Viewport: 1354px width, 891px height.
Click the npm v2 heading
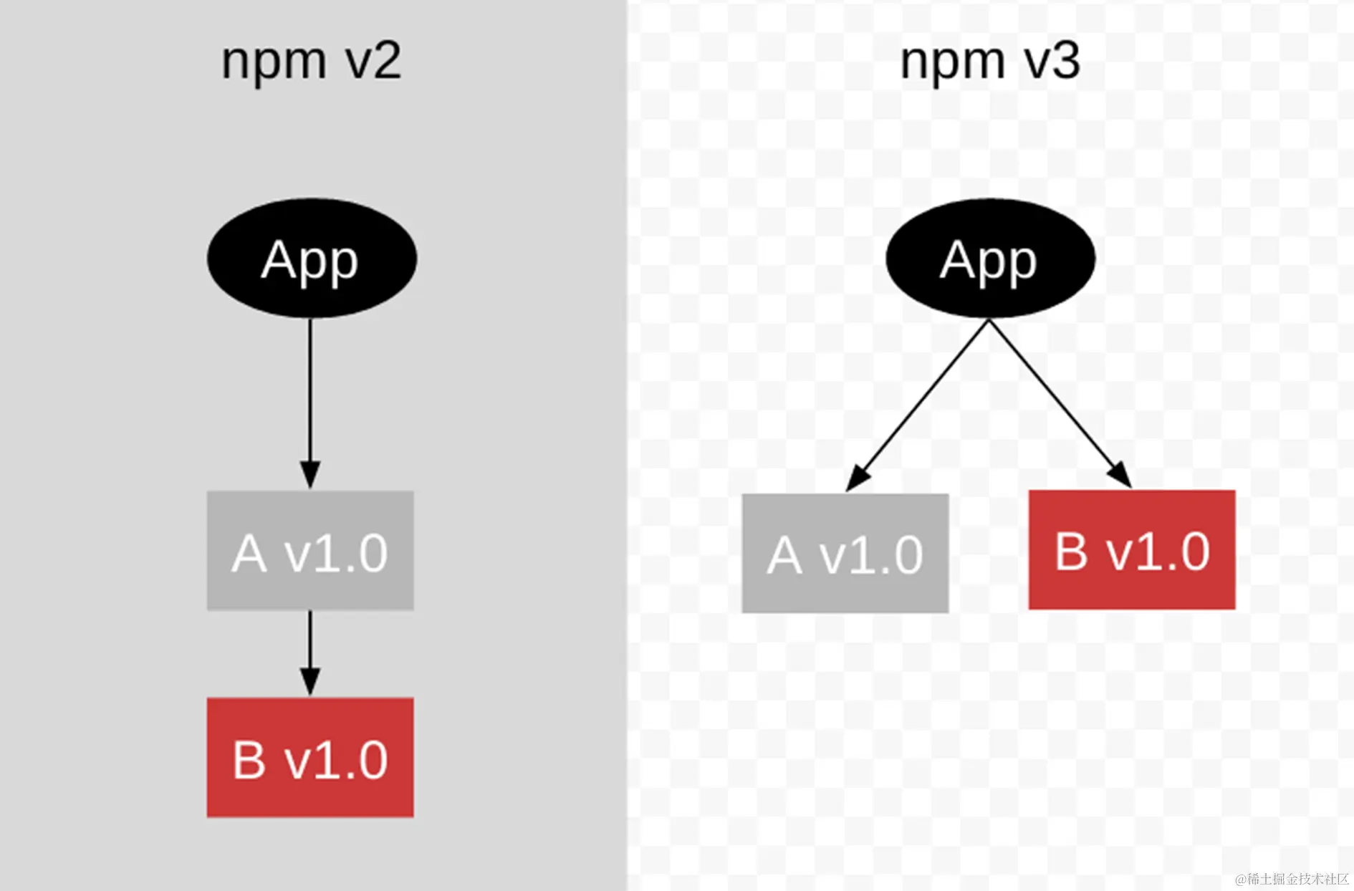click(x=311, y=62)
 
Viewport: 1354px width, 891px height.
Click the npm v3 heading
click(x=989, y=62)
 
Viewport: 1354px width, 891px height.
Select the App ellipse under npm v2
click(x=312, y=259)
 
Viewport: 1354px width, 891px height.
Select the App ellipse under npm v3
click(x=990, y=259)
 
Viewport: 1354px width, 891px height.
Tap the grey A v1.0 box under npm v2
click(x=310, y=551)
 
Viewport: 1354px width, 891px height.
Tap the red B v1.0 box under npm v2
click(x=310, y=758)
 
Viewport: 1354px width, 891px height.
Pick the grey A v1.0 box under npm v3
click(x=845, y=553)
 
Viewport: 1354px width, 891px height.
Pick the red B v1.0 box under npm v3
click(x=1132, y=550)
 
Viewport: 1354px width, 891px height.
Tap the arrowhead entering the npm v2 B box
click(x=310, y=681)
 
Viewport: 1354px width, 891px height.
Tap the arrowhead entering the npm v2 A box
click(x=310, y=474)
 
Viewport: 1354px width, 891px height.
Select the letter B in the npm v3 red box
click(x=1071, y=552)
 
